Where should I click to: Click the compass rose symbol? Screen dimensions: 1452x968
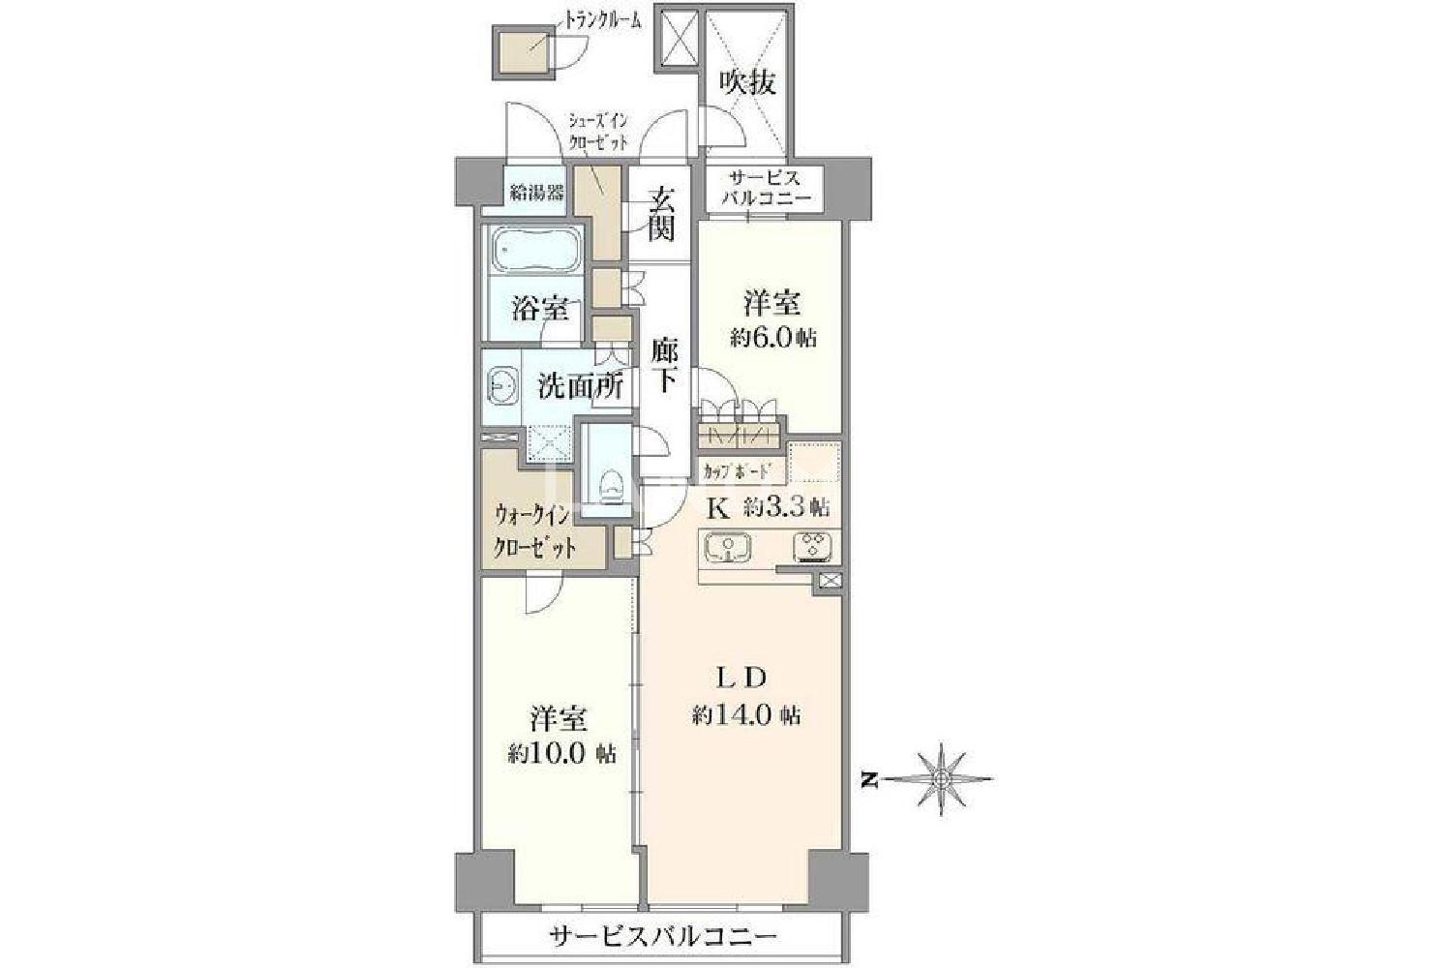(x=941, y=779)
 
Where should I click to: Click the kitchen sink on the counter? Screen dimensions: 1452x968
(x=728, y=547)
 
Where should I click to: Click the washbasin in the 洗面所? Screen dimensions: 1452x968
(x=502, y=388)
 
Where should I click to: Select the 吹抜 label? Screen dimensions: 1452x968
(x=749, y=83)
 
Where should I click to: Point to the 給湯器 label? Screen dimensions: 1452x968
(x=536, y=193)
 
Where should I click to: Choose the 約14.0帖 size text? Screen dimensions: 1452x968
(x=746, y=716)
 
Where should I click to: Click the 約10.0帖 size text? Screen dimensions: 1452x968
(x=562, y=754)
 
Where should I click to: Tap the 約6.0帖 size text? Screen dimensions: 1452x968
(x=773, y=338)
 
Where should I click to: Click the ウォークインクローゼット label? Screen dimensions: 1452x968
(x=533, y=532)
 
